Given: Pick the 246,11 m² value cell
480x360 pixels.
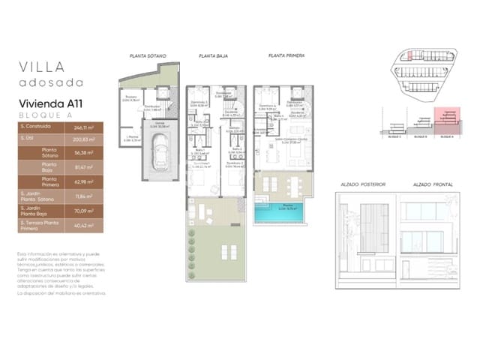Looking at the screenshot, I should point(94,127).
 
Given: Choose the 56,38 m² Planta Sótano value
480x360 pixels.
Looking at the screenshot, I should point(94,152).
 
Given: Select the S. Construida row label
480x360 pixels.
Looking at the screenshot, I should point(37,127).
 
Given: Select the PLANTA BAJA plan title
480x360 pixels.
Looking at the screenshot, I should point(213,55).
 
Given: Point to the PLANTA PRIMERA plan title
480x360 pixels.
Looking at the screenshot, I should point(283,55).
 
